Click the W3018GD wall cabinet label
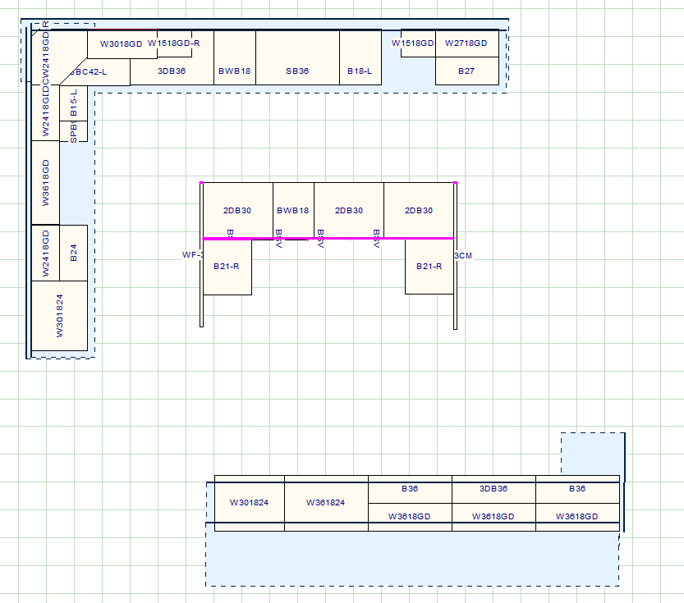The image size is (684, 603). click(x=122, y=43)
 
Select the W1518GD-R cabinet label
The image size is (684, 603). click(x=174, y=43)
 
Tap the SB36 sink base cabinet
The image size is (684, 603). click(x=297, y=71)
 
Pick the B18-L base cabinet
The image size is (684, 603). click(x=360, y=71)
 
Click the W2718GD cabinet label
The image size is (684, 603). click(x=466, y=43)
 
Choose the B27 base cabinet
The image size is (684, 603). click(x=466, y=71)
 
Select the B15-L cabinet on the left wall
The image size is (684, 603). click(x=73, y=103)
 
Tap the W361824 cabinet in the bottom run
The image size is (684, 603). click(x=326, y=503)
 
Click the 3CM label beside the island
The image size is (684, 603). click(x=464, y=255)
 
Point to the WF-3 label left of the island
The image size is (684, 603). click(x=192, y=255)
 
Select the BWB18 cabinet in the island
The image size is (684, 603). click(x=293, y=211)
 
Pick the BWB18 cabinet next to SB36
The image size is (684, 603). click(x=235, y=71)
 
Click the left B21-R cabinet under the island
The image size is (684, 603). click(x=227, y=267)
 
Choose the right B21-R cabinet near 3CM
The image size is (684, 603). click(x=429, y=267)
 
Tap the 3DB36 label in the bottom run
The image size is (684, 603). click(x=493, y=489)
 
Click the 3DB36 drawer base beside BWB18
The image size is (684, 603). click(x=172, y=71)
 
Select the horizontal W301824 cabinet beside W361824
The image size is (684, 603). click(x=250, y=503)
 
